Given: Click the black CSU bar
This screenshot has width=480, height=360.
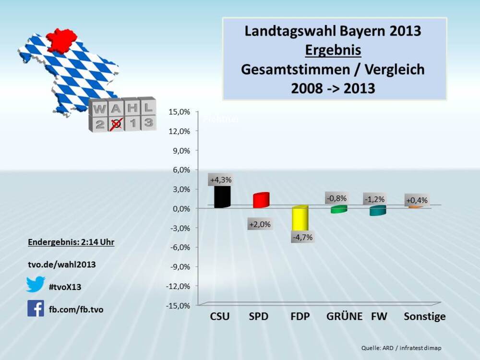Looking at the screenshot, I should [x=222, y=196].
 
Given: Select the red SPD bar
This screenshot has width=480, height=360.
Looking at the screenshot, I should [x=261, y=200].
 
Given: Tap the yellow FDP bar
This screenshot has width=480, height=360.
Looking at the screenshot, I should [x=300, y=219].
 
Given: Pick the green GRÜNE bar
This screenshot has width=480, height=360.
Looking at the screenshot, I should [x=339, y=209].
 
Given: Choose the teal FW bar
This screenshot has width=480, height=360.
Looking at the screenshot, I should [x=378, y=211].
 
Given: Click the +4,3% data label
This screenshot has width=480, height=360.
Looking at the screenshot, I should [x=221, y=180].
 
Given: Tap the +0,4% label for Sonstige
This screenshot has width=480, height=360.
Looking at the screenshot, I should [x=417, y=200].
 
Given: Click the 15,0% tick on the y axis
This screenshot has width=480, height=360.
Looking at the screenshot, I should [x=180, y=111].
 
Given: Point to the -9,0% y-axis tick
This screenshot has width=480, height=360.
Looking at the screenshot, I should [x=179, y=266].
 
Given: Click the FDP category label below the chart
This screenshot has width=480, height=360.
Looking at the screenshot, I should [x=300, y=317].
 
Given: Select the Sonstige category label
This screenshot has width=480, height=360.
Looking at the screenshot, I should [x=424, y=317].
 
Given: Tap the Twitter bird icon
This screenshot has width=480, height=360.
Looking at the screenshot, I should [x=36, y=284].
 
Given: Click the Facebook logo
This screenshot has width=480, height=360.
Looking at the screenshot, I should [x=36, y=308].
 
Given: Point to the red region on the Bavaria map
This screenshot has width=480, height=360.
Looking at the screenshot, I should [x=61, y=40].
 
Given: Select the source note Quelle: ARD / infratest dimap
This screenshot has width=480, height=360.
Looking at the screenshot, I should [x=401, y=348].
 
